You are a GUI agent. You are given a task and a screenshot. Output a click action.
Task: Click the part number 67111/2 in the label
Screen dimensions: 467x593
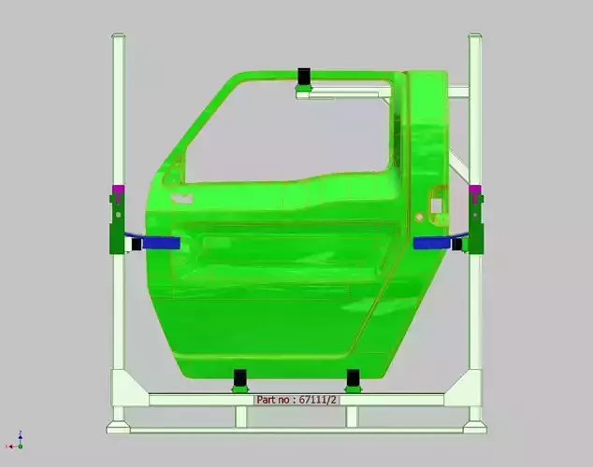point(317,400)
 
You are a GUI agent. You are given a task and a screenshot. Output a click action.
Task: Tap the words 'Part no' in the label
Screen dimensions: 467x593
point(273,400)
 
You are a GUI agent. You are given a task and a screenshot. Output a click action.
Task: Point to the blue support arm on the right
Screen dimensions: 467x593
point(432,243)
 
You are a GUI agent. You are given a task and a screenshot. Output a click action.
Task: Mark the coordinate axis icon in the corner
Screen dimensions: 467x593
point(20,438)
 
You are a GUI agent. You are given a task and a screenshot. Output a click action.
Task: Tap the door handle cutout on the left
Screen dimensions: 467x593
point(180,199)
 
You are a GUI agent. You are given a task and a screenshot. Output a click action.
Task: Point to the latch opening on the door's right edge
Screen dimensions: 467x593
point(436,203)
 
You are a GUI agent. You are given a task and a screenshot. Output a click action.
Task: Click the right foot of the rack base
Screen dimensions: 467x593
point(474,426)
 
